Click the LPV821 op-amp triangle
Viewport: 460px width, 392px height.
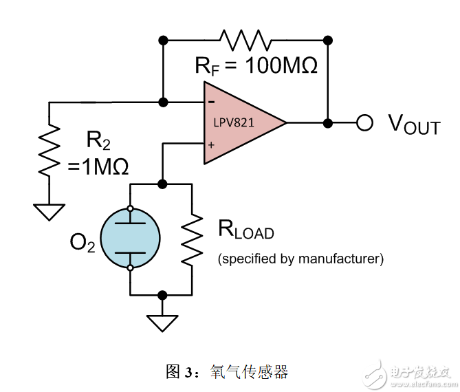241,124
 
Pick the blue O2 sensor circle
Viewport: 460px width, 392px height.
130,237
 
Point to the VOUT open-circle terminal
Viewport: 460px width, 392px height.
364,123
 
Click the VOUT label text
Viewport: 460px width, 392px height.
413,124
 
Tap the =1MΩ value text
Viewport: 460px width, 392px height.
98,167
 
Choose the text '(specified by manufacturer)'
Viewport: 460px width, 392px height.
300,259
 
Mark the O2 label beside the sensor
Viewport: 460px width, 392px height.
83,243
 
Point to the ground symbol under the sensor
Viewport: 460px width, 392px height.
163,321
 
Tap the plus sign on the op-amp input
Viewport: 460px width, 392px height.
211,144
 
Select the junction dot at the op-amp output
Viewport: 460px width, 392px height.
328,123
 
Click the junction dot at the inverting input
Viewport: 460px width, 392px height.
163,102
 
